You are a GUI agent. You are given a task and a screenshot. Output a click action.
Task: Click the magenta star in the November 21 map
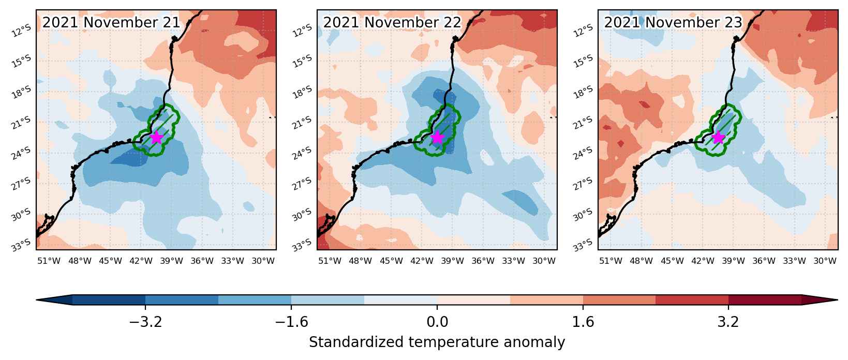(156, 138)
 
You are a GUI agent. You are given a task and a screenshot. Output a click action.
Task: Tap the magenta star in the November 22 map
(437, 138)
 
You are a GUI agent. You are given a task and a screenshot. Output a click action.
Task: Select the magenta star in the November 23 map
(718, 138)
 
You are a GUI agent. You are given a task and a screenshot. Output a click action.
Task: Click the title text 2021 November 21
(111, 22)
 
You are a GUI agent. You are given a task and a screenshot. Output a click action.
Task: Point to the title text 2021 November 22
(392, 22)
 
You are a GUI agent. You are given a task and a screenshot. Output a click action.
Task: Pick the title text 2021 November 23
(673, 22)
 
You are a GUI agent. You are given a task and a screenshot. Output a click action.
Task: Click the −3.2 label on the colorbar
(146, 322)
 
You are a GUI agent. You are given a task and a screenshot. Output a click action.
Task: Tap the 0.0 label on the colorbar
(437, 322)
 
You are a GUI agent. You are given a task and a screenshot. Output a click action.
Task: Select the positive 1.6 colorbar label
(583, 322)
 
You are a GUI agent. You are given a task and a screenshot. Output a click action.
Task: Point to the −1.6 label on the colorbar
(291, 322)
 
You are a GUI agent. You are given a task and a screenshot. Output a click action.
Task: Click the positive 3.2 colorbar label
(728, 322)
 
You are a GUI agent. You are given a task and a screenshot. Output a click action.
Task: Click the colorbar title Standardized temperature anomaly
(437, 342)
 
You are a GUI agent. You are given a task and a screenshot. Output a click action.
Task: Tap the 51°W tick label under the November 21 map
(49, 261)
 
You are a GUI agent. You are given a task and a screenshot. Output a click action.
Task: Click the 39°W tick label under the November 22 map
(452, 261)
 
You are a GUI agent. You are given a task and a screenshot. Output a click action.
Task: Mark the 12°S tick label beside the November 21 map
(21, 31)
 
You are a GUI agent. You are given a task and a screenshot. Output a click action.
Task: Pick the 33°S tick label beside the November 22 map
(302, 245)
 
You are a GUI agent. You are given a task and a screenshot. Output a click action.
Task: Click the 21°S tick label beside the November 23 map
(583, 123)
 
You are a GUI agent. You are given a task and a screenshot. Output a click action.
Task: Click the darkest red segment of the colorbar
(765, 300)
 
